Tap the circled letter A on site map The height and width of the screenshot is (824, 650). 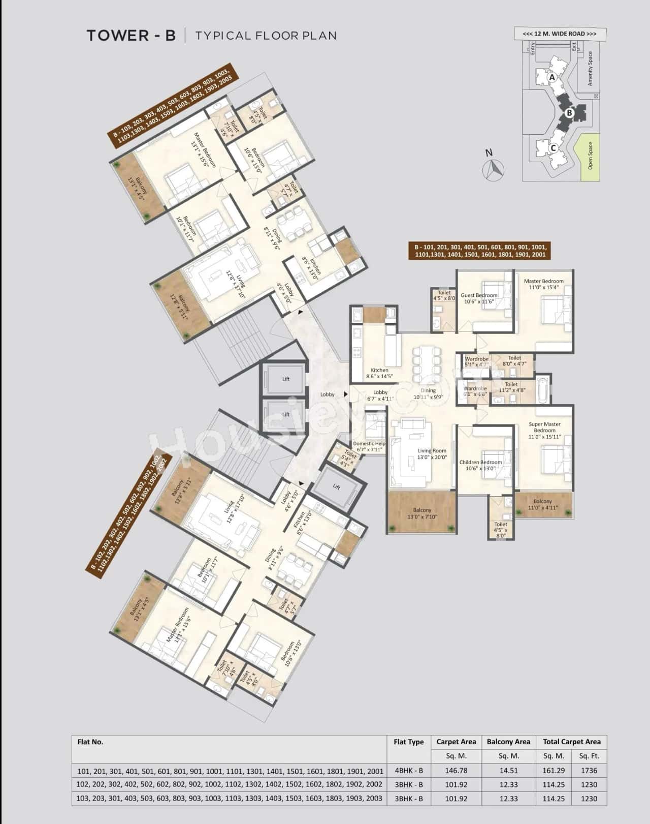[x=551, y=78]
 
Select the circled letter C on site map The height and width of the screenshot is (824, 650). [x=554, y=148]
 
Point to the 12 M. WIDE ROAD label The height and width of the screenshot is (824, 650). [x=560, y=34]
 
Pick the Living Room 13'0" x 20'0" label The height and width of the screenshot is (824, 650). [x=432, y=454]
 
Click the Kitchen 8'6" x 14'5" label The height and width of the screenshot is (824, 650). [x=379, y=374]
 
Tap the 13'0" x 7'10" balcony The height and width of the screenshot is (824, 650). [x=422, y=513]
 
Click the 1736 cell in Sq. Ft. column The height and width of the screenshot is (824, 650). [x=589, y=771]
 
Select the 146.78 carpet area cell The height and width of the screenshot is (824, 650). [x=456, y=771]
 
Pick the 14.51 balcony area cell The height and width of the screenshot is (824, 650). [x=508, y=771]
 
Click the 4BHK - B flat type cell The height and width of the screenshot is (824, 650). [x=408, y=771]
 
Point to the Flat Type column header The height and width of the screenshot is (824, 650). [x=408, y=742]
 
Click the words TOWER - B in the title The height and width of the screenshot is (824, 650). [x=131, y=36]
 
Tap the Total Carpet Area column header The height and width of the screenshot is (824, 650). [x=571, y=742]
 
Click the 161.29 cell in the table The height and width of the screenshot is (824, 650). [x=553, y=771]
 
